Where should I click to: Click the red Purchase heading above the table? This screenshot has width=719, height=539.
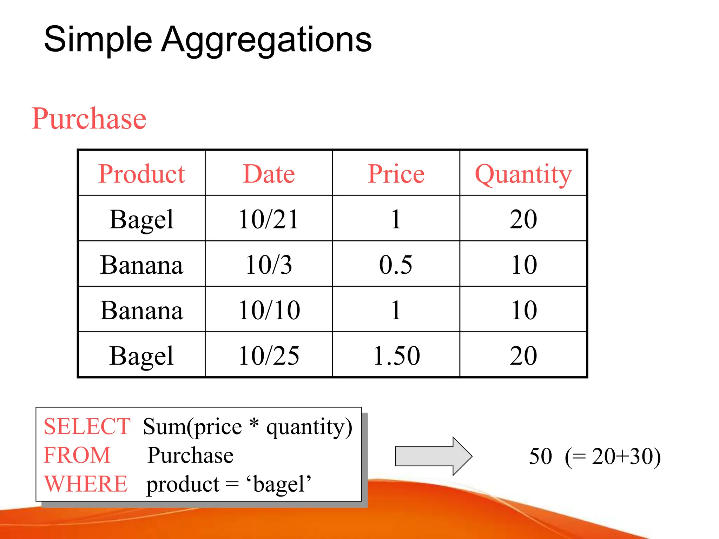(89, 119)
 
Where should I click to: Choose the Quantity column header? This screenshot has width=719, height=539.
(523, 174)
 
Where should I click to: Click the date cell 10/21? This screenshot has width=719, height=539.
(269, 219)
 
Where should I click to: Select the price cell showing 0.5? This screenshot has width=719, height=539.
(396, 265)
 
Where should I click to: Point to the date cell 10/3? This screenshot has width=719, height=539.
(269, 265)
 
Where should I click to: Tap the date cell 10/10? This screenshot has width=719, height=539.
(269, 310)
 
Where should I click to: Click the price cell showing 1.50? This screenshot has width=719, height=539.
(396, 356)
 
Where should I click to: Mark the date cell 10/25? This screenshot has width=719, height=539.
(269, 356)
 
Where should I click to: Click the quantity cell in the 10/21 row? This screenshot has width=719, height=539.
(523, 219)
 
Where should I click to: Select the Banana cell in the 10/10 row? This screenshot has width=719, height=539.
(141, 310)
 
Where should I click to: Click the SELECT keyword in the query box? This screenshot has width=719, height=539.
(87, 427)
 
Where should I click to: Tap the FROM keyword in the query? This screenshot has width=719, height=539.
(77, 455)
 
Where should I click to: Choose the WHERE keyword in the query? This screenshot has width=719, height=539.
(86, 484)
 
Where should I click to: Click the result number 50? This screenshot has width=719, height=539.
(540, 456)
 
